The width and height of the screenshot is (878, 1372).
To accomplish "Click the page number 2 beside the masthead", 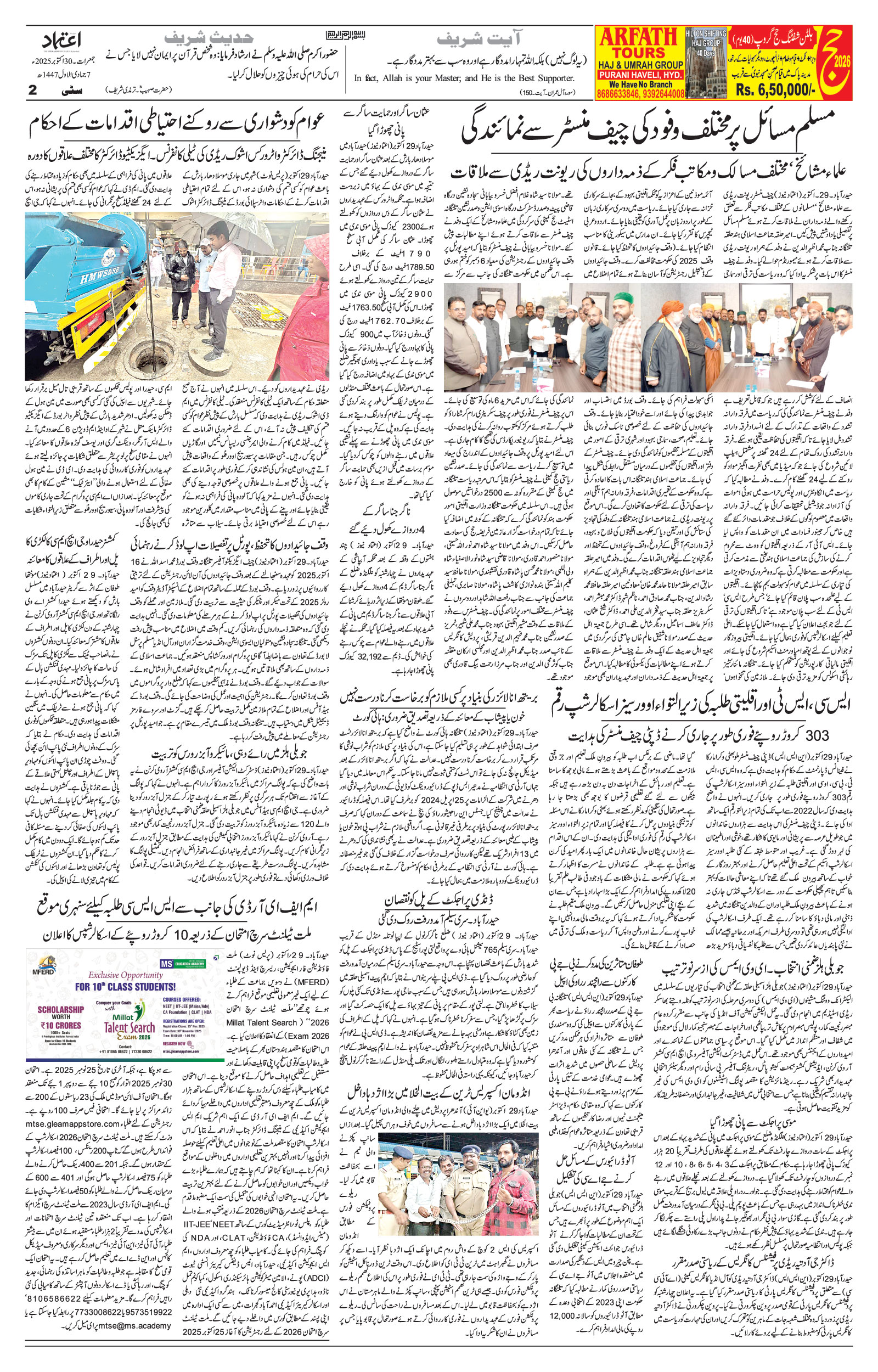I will coord(32,90).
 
